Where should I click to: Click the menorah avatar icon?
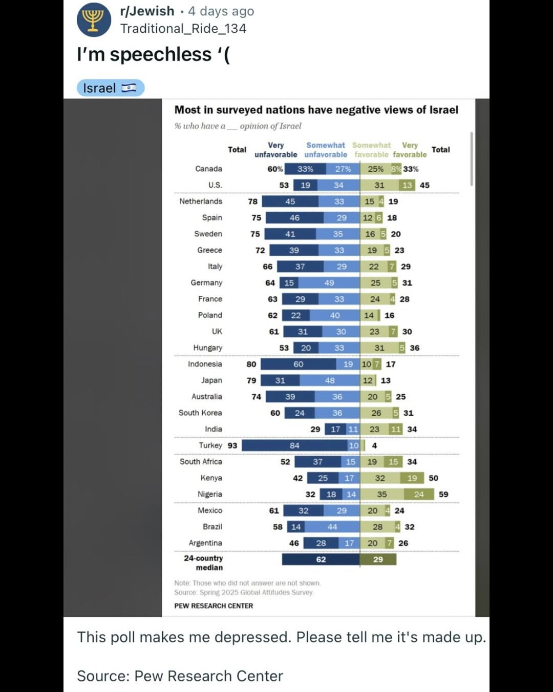(94, 20)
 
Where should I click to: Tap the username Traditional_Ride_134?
(183, 29)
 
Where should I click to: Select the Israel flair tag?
(110, 88)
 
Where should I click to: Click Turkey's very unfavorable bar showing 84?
(294, 445)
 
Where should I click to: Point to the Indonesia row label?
(205, 364)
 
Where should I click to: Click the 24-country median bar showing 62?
(321, 559)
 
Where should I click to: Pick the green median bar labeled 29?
(378, 559)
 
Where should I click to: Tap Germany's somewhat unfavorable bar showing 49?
(329, 283)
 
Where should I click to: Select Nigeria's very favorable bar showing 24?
(419, 494)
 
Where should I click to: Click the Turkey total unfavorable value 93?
(232, 445)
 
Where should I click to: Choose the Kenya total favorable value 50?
(433, 478)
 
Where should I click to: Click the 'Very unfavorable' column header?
(275, 150)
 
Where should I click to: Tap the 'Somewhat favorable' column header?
(371, 150)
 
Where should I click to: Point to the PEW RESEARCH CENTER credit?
(214, 606)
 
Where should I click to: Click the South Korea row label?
(200, 413)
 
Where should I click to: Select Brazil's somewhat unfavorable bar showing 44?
(332, 527)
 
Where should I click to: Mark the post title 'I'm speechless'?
(153, 54)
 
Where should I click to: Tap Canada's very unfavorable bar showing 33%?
(305, 169)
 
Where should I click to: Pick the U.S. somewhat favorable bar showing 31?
(379, 185)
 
